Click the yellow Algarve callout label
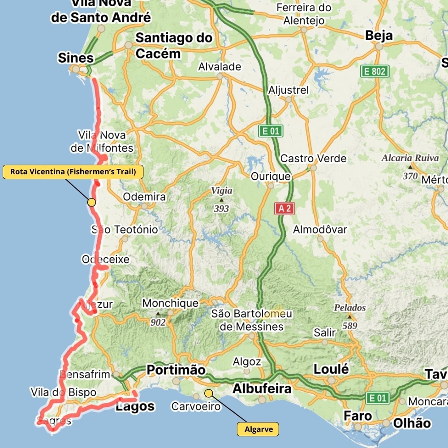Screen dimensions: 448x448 (x=258, y=429)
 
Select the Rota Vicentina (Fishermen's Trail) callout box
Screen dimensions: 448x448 (x=73, y=172)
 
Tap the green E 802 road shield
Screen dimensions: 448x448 (x=375, y=71)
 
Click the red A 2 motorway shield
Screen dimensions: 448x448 (x=284, y=208)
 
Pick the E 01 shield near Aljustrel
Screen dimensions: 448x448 (x=271, y=131)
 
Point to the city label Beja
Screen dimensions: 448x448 (x=379, y=35)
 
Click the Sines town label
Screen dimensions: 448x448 (x=76, y=58)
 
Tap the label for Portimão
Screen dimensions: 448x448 (x=176, y=370)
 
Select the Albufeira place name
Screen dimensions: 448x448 (x=262, y=389)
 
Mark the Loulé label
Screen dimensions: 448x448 (x=331, y=369)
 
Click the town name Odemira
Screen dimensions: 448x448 (x=144, y=197)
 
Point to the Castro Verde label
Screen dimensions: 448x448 (x=313, y=159)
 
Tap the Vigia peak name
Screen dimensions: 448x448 (x=222, y=191)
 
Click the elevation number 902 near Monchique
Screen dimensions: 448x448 (x=158, y=322)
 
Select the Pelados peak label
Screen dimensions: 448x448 (x=349, y=308)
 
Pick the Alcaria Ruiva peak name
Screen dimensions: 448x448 (x=410, y=158)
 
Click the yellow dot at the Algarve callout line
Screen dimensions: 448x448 (x=208, y=393)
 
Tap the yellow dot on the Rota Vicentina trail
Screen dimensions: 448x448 (x=91, y=202)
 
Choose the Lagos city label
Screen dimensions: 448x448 (x=135, y=406)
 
